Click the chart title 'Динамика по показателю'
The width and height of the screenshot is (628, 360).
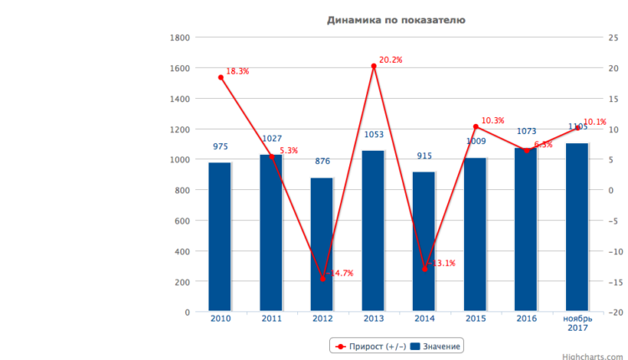pos(396,19)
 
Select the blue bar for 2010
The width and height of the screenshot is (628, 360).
pos(220,237)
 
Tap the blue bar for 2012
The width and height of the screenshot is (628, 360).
pos(322,244)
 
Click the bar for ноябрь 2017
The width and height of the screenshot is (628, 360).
pos(578,227)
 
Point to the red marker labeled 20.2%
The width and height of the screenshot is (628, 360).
pos(373,66)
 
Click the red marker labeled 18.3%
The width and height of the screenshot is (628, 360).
pos(221,77)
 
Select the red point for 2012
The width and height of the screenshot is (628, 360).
pos(322,278)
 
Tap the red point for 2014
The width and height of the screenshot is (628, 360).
pos(425,269)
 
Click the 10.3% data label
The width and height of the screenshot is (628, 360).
pos(493,121)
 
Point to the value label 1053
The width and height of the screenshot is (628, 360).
pos(373,135)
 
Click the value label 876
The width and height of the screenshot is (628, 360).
pos(322,162)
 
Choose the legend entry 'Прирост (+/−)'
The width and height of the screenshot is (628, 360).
pos(368,346)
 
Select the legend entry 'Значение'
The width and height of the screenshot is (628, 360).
pos(436,346)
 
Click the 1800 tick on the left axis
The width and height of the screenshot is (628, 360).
pos(178,38)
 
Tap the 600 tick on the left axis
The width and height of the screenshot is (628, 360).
pos(181,221)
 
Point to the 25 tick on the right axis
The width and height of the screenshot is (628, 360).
pos(613,38)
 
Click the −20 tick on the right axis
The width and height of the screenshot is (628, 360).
pos(614,312)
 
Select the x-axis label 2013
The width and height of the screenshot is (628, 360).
pos(373,319)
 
